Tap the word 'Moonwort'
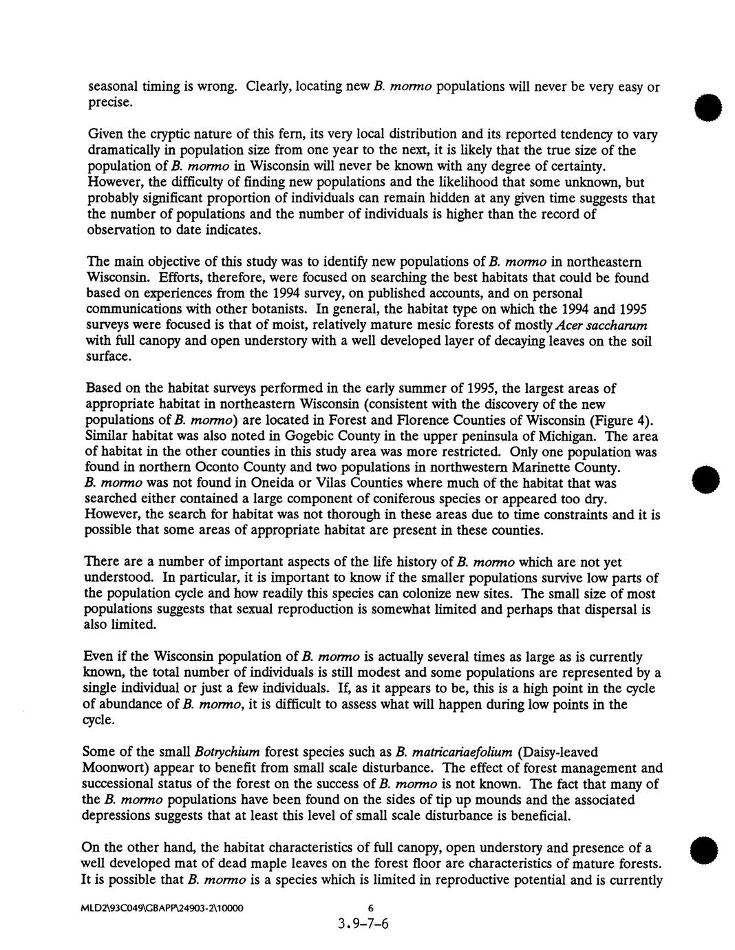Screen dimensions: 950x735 coord(114,768)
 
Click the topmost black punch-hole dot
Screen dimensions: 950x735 coord(705,109)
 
